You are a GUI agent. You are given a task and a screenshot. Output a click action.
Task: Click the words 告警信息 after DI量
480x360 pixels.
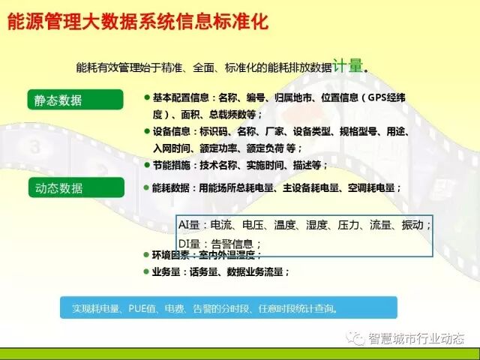point(235,243)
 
